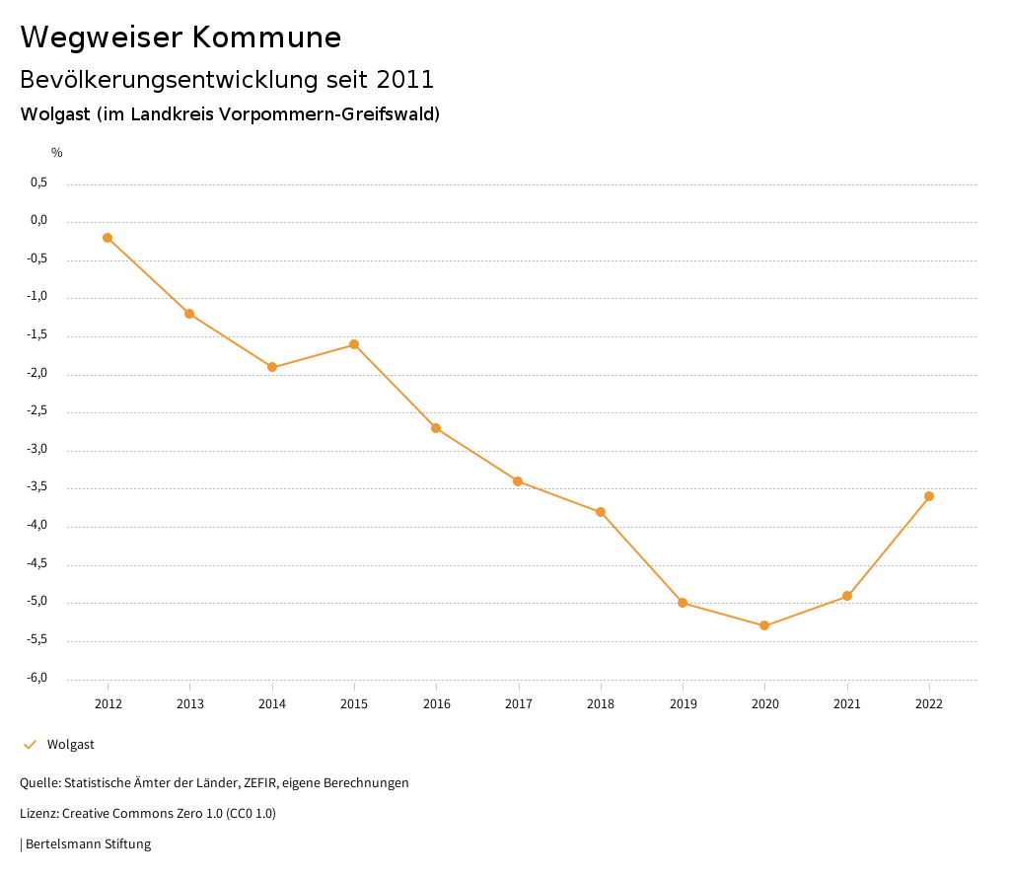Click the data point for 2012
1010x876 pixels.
coord(108,238)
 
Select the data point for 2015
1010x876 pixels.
coord(354,344)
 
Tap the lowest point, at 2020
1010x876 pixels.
coord(764,625)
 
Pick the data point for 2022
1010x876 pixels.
coord(929,496)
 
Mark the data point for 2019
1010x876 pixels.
coord(683,603)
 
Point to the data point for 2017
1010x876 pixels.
coord(518,481)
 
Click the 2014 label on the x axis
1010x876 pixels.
coord(272,704)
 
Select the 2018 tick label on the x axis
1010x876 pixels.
coord(601,704)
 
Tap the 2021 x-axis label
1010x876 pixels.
coord(847,704)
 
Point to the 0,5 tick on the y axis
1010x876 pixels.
coord(38,183)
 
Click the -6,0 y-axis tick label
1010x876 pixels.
coord(37,679)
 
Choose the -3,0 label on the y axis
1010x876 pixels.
coord(37,450)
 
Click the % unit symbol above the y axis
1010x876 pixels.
coord(57,153)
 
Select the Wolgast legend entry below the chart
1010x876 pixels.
coord(70,745)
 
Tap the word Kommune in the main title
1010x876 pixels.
coord(266,37)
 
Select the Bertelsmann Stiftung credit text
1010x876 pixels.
coord(88,844)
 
